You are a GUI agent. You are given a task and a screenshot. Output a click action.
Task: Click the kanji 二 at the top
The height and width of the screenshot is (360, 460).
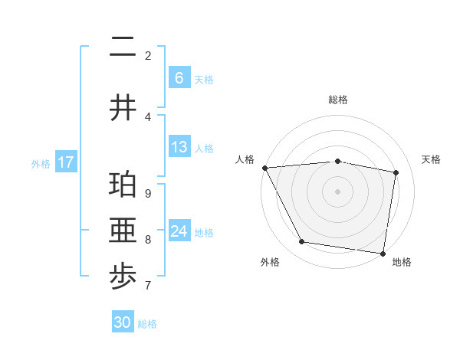[123, 47]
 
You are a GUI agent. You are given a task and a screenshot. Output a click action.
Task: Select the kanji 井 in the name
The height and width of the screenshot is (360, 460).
[123, 108]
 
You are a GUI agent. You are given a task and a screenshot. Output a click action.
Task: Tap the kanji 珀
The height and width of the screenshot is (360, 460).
[123, 185]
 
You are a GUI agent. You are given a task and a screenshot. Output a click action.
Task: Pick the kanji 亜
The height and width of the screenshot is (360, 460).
[123, 231]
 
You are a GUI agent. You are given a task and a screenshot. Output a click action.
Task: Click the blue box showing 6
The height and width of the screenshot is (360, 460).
[179, 78]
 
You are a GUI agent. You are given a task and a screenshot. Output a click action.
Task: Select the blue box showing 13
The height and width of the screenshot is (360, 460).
[179, 147]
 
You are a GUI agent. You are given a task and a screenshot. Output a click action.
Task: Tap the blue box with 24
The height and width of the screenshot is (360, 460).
[179, 231]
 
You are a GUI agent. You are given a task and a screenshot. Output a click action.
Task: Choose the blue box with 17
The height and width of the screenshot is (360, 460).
[65, 162]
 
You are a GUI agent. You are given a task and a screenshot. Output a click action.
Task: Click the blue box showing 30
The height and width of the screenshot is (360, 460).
[123, 322]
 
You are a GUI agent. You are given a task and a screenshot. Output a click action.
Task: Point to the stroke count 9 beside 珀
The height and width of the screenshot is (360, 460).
[147, 193]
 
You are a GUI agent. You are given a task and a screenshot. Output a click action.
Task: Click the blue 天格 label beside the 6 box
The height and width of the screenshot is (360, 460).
[204, 79]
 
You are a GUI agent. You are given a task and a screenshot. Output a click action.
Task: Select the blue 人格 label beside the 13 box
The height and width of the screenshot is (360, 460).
[204, 148]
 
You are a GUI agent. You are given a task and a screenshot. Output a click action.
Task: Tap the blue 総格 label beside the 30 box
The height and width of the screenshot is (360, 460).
[147, 324]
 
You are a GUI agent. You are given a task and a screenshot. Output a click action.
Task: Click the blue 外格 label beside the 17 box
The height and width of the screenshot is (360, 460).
[41, 163]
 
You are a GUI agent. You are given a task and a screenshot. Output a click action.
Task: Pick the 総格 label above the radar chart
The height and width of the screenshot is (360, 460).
[337, 100]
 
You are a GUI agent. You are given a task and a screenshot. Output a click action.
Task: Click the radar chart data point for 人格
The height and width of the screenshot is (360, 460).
[264, 168]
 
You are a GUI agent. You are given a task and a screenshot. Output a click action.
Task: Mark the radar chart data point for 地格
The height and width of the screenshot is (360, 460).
[383, 253]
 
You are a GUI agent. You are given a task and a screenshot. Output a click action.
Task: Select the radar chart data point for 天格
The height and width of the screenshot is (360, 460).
[396, 172]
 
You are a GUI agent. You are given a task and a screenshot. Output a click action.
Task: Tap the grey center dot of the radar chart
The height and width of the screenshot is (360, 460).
[337, 191]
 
